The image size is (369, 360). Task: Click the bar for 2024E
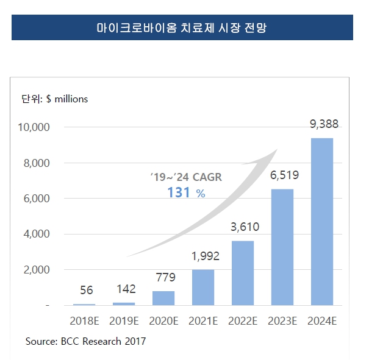pyautogui.click(x=321, y=222)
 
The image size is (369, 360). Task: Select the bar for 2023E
pyautogui.click(x=282, y=247)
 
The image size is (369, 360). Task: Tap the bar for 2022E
pyautogui.click(x=242, y=273)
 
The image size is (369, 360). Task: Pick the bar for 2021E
pyautogui.click(x=202, y=288)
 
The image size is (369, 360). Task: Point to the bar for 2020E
pyautogui.click(x=163, y=298)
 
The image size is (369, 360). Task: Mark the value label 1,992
pyautogui.click(x=204, y=256)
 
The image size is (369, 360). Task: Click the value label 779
pyautogui.click(x=165, y=278)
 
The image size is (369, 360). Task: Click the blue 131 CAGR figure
pyautogui.click(x=179, y=192)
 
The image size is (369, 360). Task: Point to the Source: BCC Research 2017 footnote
pyautogui.click(x=86, y=341)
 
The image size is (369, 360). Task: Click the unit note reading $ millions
pyautogui.click(x=67, y=99)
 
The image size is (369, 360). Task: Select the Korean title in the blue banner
pyautogui.click(x=182, y=28)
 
